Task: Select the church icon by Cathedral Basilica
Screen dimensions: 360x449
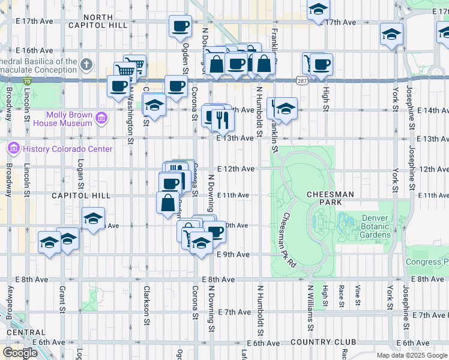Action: click(86, 64)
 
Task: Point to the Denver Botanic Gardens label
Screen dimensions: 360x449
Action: click(376, 226)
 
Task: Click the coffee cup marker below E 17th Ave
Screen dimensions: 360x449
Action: click(180, 26)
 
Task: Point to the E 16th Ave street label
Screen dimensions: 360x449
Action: click(35, 50)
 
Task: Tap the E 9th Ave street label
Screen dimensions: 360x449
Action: click(233, 254)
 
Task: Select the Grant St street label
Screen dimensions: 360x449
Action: click(62, 300)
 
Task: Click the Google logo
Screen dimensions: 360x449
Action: click(20, 353)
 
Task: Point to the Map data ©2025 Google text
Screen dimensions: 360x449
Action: click(412, 355)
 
